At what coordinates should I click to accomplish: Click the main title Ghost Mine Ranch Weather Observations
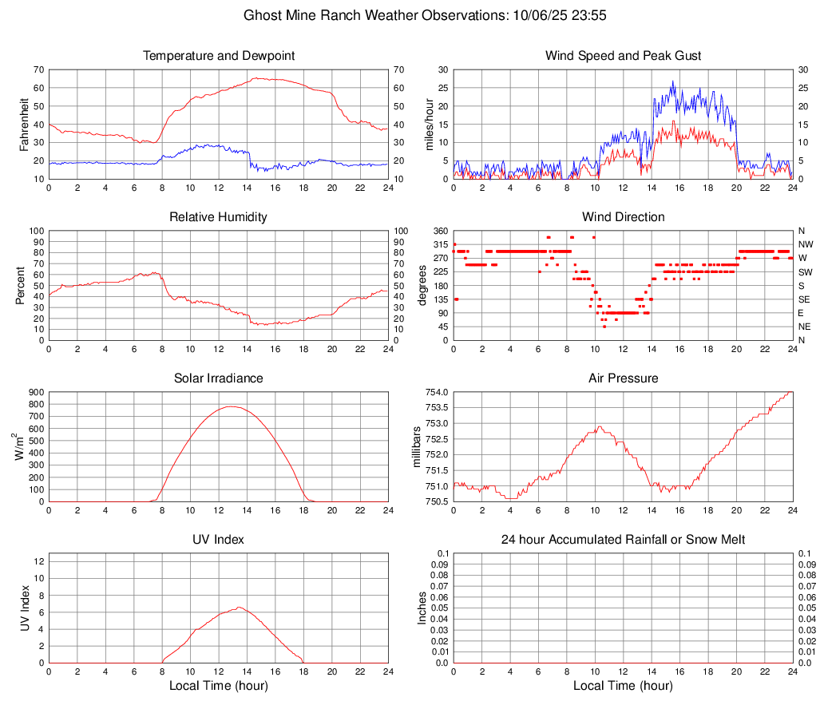coord(410,14)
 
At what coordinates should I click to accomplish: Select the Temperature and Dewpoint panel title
coord(219,56)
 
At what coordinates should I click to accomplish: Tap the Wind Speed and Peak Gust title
coord(623,56)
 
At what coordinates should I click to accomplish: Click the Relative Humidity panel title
coord(219,217)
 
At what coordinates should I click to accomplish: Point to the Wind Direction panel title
coord(623,217)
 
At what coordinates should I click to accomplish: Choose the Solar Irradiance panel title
coord(219,378)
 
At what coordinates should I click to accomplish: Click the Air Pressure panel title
coord(623,378)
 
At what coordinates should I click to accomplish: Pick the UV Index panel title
coord(219,540)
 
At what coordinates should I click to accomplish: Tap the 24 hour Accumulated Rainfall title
coord(623,540)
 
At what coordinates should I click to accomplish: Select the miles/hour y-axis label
coord(429,124)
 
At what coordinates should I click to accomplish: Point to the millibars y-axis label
coord(416,446)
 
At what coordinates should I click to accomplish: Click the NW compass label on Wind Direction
coord(806,244)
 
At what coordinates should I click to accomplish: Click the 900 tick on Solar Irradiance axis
coord(35,392)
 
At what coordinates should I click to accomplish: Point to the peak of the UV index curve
coord(239,608)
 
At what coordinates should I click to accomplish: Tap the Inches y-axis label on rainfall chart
coord(423,608)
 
